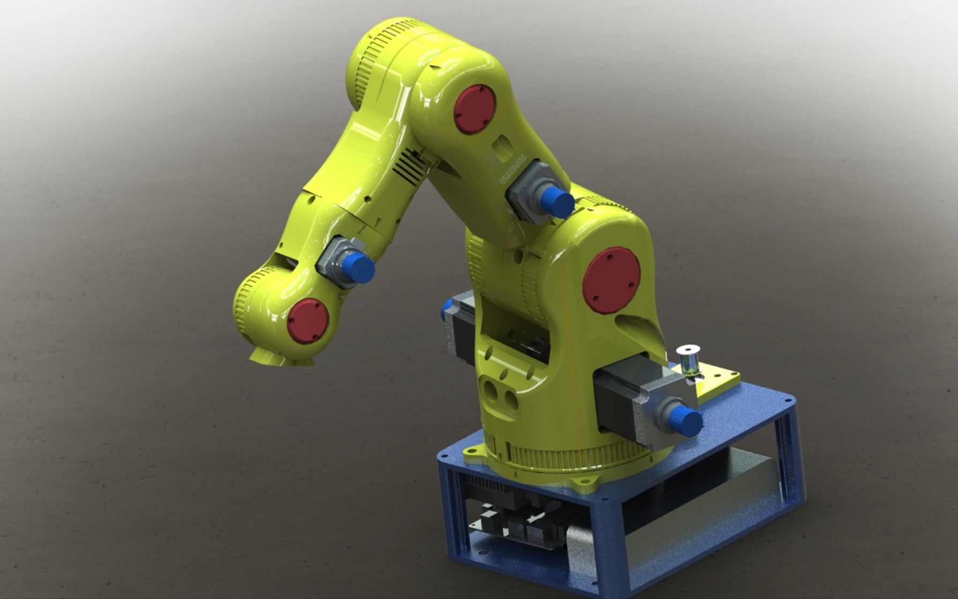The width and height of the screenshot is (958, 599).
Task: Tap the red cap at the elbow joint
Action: (475, 109)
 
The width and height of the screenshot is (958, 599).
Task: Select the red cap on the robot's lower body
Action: (611, 279)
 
